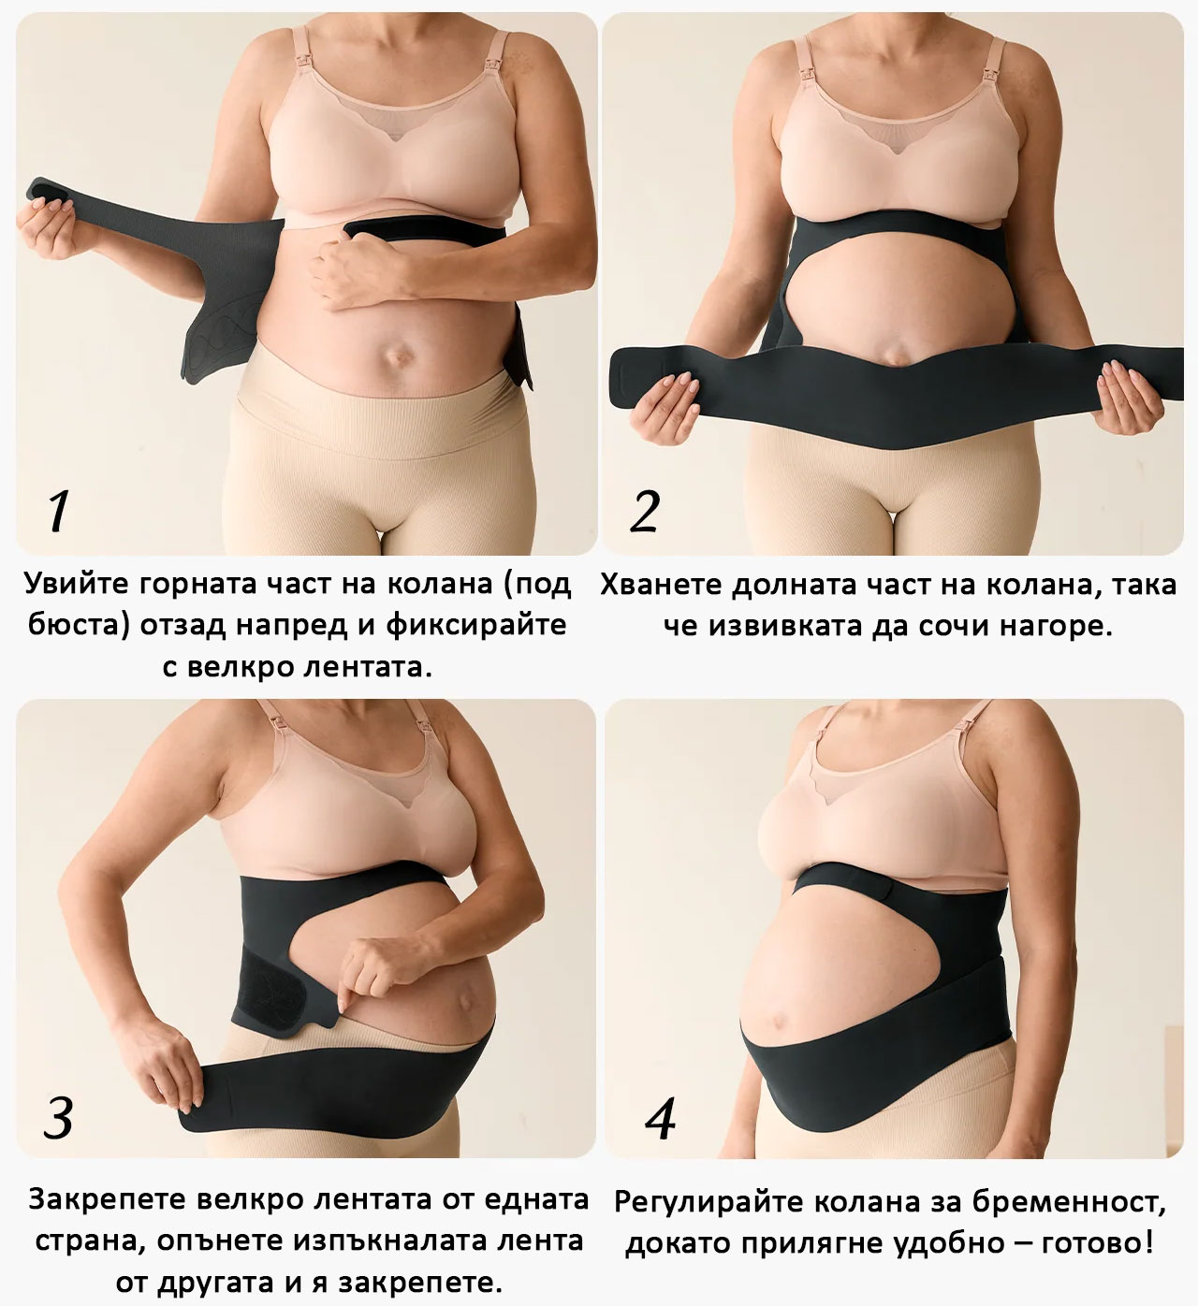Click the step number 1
tap(58, 512)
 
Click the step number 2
tap(645, 512)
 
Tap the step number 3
tap(58, 1118)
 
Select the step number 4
tap(661, 1118)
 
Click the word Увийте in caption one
tap(78, 584)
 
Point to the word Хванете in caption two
tap(662, 585)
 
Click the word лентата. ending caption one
tap(368, 667)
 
